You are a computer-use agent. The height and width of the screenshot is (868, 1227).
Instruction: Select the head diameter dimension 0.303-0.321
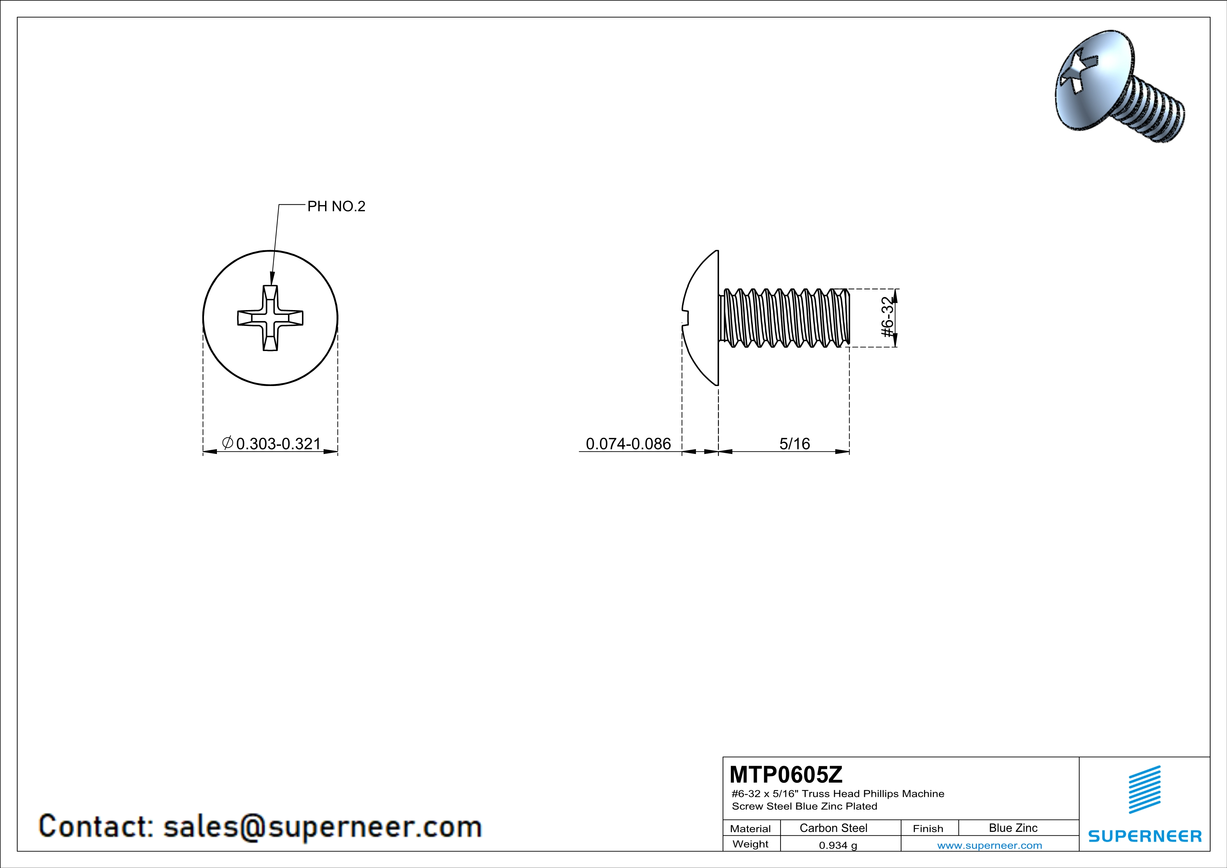[x=278, y=443]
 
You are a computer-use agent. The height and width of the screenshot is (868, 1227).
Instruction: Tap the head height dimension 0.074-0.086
[x=628, y=443]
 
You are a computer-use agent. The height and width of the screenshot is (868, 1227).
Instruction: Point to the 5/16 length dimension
[x=795, y=443]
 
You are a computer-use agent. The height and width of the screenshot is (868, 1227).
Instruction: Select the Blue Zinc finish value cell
[x=1013, y=828]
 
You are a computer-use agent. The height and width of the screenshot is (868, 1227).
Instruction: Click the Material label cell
[x=750, y=828]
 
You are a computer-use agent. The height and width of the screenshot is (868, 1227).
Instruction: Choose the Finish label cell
[x=928, y=828]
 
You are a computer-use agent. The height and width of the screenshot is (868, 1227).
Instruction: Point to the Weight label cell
[x=750, y=844]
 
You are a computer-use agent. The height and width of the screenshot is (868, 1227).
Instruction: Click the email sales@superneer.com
[x=323, y=826]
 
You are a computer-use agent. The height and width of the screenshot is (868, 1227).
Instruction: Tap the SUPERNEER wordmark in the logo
[x=1145, y=836]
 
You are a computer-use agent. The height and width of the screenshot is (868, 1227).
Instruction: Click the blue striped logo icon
[x=1145, y=789]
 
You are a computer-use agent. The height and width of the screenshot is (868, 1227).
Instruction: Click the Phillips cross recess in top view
[x=270, y=318]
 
